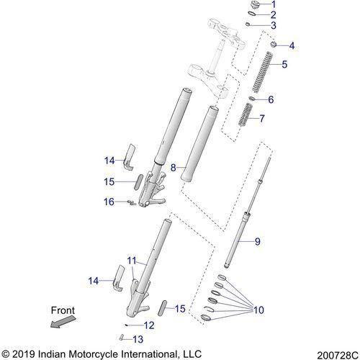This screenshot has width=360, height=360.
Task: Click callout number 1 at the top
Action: coord(274,4)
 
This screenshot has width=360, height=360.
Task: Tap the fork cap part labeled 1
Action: coord(255,5)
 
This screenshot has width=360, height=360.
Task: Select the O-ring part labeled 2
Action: coord(252,14)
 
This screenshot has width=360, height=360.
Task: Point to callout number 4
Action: coord(292,45)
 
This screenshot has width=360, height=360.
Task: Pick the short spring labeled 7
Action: coord(245,114)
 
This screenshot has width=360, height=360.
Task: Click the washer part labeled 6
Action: coord(251,99)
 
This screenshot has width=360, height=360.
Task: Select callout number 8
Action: coord(173,168)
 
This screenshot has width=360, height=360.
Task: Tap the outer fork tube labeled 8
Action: coord(199,144)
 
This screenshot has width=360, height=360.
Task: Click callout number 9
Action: coord(257,241)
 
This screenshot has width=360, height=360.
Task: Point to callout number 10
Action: coord(258,310)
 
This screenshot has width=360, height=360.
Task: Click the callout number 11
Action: coord(132,261)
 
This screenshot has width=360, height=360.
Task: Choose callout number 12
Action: coord(149,325)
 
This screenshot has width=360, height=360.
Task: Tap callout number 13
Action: coord(138,339)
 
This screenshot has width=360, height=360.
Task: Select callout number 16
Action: coord(109,202)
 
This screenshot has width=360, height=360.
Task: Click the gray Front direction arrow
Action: coord(63,322)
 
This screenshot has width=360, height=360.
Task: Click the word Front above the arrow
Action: coord(63,310)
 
